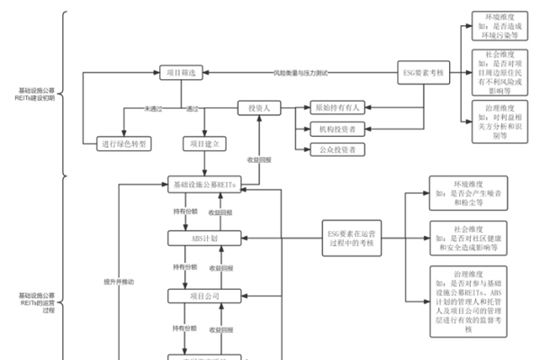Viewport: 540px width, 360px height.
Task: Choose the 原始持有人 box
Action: pos(336,107)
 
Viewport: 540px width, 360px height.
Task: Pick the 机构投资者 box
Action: pos(336,129)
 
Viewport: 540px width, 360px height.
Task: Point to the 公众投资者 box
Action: pos(336,149)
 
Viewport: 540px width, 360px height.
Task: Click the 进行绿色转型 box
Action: pos(126,143)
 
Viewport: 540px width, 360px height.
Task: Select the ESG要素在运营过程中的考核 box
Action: pos(352,238)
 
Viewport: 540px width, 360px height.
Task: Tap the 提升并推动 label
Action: pos(119,282)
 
